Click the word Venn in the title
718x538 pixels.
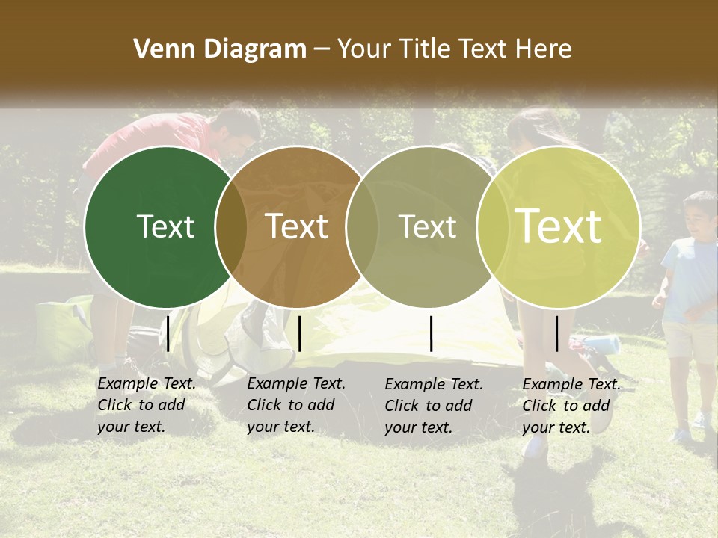click(x=156, y=49)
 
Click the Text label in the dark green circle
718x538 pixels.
click(x=165, y=226)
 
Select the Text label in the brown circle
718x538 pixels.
click(x=297, y=226)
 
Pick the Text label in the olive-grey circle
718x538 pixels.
click(x=427, y=226)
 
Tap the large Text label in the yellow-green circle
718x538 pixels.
click(x=559, y=226)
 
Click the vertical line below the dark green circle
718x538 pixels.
click(x=168, y=333)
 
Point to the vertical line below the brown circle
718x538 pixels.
click(x=299, y=333)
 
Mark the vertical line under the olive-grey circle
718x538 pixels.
click(x=432, y=333)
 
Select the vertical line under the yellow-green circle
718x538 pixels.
click(x=556, y=333)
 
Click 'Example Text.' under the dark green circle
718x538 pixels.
click(x=147, y=383)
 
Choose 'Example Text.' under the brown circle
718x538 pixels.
click(x=296, y=383)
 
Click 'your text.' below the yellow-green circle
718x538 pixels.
click(x=556, y=427)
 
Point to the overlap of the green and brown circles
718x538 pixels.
click(x=231, y=226)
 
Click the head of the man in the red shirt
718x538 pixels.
click(x=238, y=127)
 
